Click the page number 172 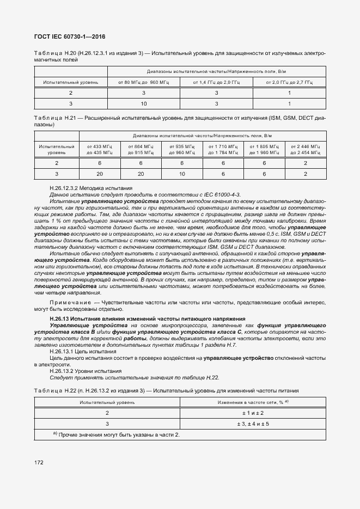click(x=39, y=463)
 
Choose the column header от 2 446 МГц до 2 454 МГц click(x=306, y=150)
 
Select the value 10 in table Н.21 click(x=182, y=174)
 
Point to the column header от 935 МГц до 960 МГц click(x=182, y=150)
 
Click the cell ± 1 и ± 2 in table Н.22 click(x=253, y=413)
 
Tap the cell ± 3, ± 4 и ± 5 click(x=253, y=424)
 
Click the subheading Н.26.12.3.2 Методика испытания click(x=87, y=187)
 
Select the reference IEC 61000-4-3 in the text click(x=218, y=194)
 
